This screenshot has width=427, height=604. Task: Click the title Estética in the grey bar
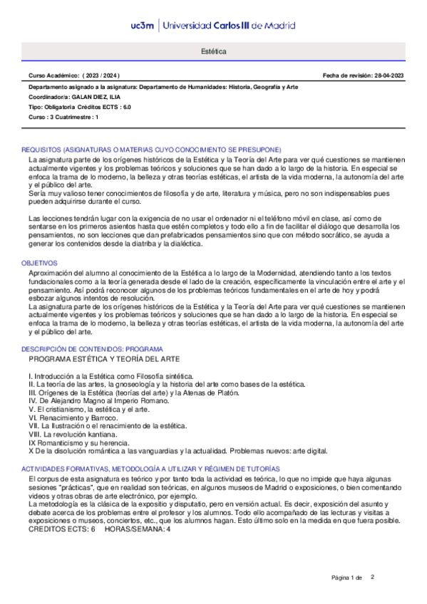pyautogui.click(x=214, y=53)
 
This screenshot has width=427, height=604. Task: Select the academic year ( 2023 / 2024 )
pyautogui.click(x=102, y=75)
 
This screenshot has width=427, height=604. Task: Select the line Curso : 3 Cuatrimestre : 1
pyautogui.click(x=63, y=116)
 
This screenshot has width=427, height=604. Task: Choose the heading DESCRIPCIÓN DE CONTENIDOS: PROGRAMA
pyautogui.click(x=92, y=349)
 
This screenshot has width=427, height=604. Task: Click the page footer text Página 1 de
pyautogui.click(x=347, y=577)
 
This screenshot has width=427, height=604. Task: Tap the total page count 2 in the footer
pyautogui.click(x=372, y=576)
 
